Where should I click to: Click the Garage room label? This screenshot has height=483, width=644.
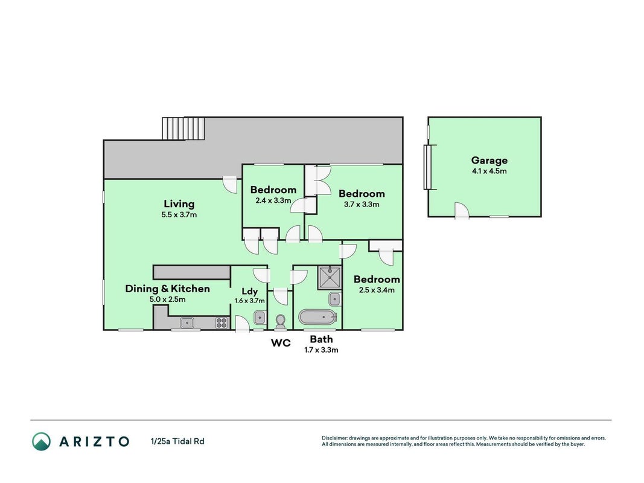(x=489, y=161)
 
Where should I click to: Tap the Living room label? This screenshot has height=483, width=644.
(x=179, y=203)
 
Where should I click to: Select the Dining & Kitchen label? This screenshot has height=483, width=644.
(x=167, y=289)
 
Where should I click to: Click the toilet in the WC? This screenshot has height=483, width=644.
(x=281, y=322)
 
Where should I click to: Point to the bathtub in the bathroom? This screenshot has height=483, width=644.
(x=317, y=318)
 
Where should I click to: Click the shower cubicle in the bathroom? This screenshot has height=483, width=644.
(x=330, y=278)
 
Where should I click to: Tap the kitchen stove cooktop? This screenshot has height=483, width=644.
(x=222, y=323)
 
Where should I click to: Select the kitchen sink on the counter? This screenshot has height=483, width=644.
(x=187, y=323)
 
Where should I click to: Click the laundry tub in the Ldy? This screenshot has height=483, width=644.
(x=259, y=318)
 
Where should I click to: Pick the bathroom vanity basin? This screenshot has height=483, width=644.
(x=335, y=299)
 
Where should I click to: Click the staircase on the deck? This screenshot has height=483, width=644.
(x=183, y=129)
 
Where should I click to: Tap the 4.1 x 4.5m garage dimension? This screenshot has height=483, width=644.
(x=489, y=171)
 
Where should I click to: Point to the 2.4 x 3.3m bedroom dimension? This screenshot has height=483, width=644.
(x=273, y=201)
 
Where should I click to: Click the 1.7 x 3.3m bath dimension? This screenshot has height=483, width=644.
(x=321, y=350)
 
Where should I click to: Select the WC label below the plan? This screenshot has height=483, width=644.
(x=281, y=343)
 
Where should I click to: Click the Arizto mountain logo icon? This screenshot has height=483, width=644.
(x=42, y=441)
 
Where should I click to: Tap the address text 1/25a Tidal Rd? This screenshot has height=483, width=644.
(x=177, y=441)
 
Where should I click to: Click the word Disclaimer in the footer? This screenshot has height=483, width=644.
(x=334, y=438)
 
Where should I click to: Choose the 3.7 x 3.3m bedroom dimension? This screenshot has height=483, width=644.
(x=362, y=204)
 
